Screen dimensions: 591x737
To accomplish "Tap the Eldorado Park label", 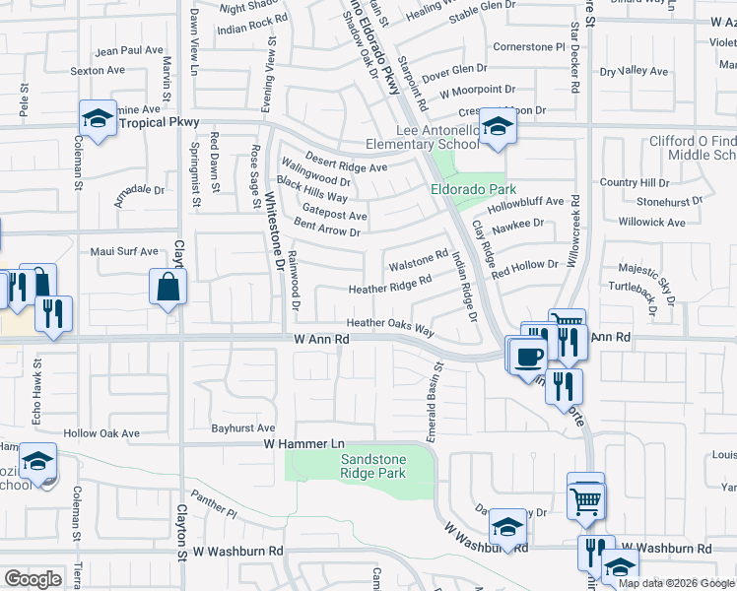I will tap(459, 188).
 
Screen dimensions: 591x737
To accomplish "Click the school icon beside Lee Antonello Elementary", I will tap(499, 128).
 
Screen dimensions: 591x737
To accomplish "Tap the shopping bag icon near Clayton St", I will tap(168, 289).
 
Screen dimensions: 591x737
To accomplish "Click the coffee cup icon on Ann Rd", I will tap(527, 357).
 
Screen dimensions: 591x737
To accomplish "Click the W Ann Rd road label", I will tap(322, 338).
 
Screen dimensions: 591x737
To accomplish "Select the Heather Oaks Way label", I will tap(390, 326).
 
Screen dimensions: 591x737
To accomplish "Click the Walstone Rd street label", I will tap(419, 262).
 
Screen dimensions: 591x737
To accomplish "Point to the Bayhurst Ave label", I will tap(243, 428).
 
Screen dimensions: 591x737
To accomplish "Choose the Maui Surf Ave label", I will tap(124, 250).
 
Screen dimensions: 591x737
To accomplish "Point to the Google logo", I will tap(33, 579).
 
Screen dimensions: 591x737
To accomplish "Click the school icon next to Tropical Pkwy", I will tap(99, 120).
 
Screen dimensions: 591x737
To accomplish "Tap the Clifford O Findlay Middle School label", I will tap(695, 148).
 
